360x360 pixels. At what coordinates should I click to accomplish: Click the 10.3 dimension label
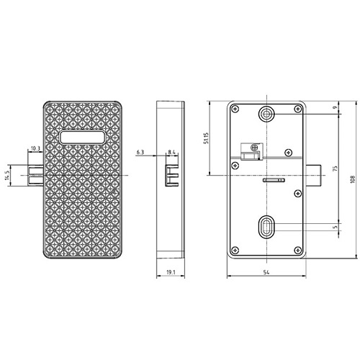(x=35, y=148)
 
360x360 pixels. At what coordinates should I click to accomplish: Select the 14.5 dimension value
(x=7, y=175)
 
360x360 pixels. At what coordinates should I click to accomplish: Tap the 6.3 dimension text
(x=140, y=152)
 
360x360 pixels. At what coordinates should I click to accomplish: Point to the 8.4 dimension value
(x=171, y=152)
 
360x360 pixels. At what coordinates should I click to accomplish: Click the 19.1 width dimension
(x=171, y=272)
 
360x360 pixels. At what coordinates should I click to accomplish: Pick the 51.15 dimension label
(x=206, y=138)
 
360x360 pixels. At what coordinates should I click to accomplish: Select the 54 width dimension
(x=266, y=272)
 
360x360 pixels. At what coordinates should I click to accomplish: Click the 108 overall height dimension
(x=352, y=179)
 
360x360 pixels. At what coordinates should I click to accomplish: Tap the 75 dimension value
(x=336, y=168)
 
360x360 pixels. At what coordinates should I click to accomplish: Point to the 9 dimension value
(x=336, y=107)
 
